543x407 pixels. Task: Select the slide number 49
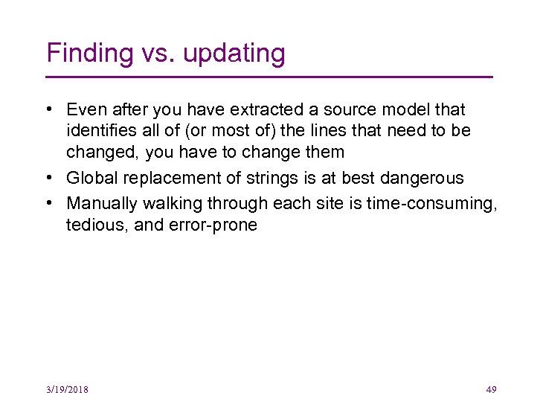coord(490,390)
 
